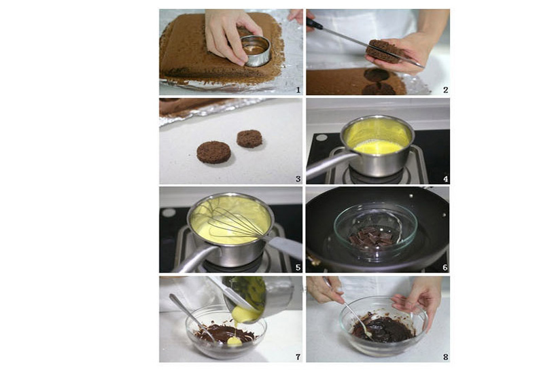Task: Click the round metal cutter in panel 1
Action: [256, 52]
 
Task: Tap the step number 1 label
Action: [298, 90]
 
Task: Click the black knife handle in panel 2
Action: [314, 23]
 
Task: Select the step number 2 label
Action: [445, 90]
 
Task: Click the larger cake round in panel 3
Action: [213, 152]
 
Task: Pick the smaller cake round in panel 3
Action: [249, 139]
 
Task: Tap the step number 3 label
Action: [298, 179]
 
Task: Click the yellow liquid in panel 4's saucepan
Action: [377, 147]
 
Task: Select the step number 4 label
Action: [445, 179]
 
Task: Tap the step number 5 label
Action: [298, 268]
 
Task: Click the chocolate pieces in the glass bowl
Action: [371, 238]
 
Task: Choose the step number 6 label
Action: [445, 268]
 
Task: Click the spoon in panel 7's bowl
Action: [192, 317]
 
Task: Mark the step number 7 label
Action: [298, 357]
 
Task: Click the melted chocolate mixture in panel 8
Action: [383, 329]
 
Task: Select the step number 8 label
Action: [445, 357]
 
